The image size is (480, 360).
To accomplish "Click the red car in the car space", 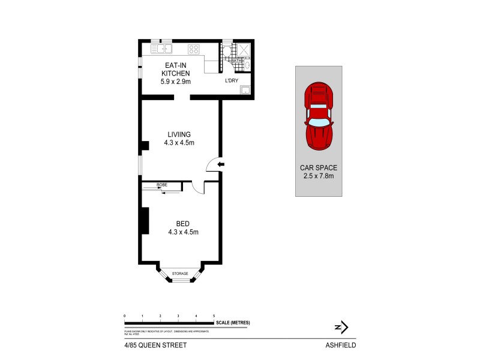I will tap(319, 118).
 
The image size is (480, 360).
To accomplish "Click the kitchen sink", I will tap(163, 48).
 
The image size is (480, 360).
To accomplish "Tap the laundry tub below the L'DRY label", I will tap(245, 91).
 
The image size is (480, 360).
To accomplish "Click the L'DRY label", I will tap(232, 80).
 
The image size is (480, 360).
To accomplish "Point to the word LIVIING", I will tap(179, 134).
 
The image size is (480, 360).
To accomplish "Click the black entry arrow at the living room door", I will tap(220, 163).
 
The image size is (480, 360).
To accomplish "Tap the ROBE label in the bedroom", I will tap(161, 185).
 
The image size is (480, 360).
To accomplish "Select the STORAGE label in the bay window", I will tap(181, 274).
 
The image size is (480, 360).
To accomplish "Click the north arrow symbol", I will tap(341, 327).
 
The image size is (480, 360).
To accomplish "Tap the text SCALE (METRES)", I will tap(235, 323).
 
